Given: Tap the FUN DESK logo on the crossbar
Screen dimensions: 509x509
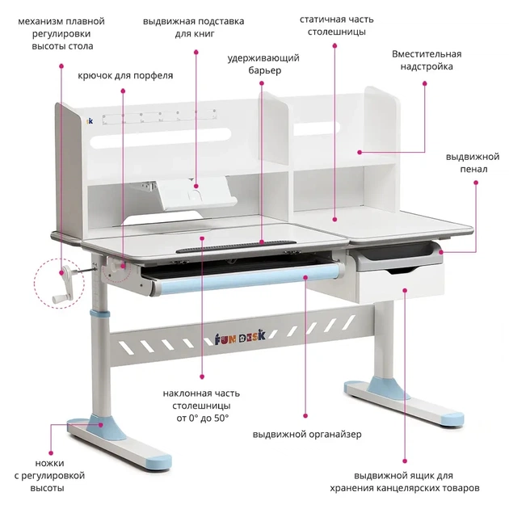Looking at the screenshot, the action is pos(240,338).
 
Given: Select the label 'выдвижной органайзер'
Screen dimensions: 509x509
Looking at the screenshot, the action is pos(307,435).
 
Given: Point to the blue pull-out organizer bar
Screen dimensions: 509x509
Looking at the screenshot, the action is pos(248,279).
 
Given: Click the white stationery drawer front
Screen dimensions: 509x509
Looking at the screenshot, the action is pos(400,283).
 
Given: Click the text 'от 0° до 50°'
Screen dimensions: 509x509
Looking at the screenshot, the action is pos(203,419).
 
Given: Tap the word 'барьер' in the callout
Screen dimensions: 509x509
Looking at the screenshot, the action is pos(264,71).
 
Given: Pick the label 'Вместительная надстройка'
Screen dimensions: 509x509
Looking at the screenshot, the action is pos(427,60).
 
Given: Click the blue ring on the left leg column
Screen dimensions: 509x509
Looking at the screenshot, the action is pos(99,314).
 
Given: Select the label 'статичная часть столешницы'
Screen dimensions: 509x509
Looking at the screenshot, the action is pos(336,26).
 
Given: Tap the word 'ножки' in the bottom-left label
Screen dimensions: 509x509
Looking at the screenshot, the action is pos(49,463).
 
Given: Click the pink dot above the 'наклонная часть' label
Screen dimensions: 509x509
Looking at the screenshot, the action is pos(202,376).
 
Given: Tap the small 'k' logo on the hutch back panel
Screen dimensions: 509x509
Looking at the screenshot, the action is pos(90,120).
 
